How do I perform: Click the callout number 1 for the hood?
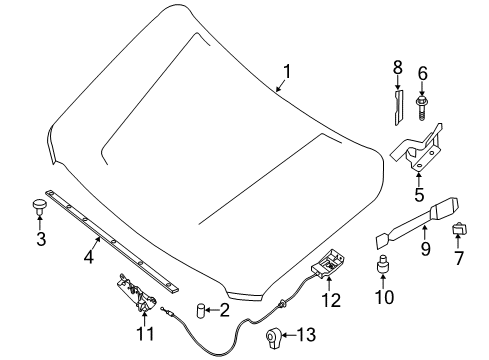[x=289, y=71]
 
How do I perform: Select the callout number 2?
[x=226, y=311]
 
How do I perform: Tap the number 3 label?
[x=40, y=240]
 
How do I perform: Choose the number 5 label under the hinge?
[x=418, y=196]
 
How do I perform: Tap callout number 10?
[x=382, y=297]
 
